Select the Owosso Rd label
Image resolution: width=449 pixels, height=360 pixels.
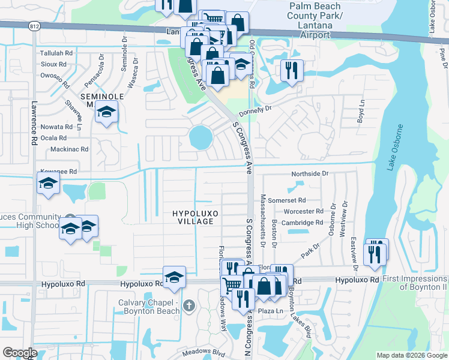click(x=55, y=76)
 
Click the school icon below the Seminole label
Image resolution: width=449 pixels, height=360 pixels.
click(x=107, y=112)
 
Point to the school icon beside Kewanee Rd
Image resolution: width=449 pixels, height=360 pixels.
click(x=48, y=184)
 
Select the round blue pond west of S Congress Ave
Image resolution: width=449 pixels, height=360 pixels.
click(x=200, y=138)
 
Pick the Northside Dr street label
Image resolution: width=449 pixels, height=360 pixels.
click(x=310, y=173)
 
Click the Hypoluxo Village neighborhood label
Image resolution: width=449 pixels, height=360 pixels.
click(x=193, y=217)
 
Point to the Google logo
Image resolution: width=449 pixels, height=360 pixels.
click(x=20, y=353)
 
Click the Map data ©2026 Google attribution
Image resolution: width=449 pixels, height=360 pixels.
click(x=411, y=355)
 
